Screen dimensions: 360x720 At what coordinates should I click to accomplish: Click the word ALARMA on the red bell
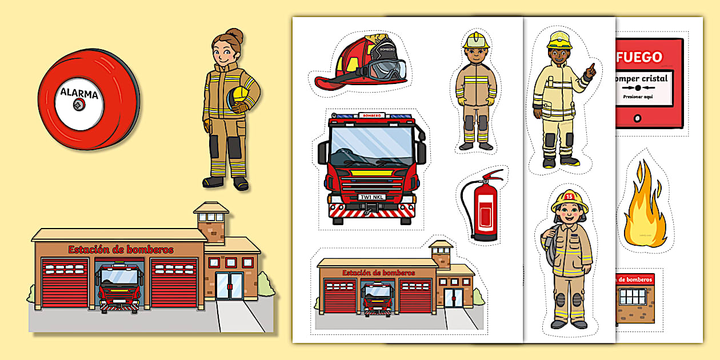click(79, 93)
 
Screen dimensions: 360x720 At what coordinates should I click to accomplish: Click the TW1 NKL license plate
click(371, 197)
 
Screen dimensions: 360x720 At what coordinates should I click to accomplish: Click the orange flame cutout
click(645, 206)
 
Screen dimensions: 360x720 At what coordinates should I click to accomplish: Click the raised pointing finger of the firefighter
click(593, 68)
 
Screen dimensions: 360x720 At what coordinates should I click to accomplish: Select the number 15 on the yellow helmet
click(569, 196)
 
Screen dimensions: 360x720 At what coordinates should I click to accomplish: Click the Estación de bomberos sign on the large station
click(121, 250)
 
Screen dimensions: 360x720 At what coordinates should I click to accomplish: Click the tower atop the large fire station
click(211, 221)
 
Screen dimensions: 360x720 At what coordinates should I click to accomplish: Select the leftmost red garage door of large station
click(65, 283)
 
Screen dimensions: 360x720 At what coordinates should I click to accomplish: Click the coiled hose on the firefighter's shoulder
click(551, 246)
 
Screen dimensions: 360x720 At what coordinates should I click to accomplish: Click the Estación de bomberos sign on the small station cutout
click(378, 273)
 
